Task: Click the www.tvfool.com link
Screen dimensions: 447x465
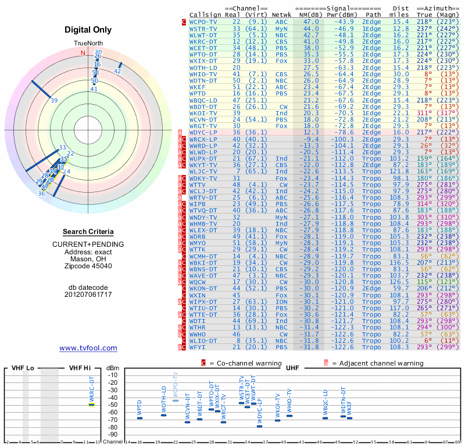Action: point(88,348)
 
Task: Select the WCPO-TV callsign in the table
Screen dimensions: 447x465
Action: point(203,22)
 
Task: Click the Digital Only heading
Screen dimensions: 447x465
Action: point(88,30)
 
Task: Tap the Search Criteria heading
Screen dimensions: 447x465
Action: point(88,232)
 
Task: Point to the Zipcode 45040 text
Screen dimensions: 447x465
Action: point(88,266)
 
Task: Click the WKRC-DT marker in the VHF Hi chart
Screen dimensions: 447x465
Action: point(91,405)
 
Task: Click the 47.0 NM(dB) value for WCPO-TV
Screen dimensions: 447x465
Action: point(310,22)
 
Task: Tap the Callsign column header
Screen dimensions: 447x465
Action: point(205,14)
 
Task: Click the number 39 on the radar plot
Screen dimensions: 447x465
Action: point(54,101)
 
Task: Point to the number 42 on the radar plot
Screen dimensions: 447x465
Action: point(117,71)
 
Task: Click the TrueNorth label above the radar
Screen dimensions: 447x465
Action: point(88,44)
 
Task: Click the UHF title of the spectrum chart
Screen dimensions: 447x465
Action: point(292,368)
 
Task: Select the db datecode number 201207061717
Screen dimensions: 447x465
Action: point(88,295)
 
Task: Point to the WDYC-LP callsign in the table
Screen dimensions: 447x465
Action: point(203,132)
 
